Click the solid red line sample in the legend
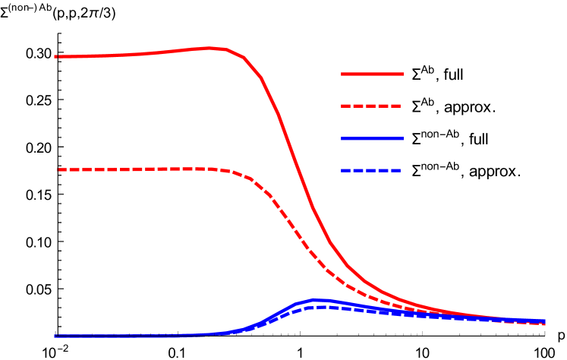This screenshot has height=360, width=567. [x=372, y=74]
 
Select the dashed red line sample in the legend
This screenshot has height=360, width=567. [x=371, y=106]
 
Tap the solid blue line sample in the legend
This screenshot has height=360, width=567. [x=372, y=139]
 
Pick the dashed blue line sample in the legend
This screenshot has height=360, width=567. [x=371, y=171]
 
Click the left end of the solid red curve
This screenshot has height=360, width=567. [x=55, y=56]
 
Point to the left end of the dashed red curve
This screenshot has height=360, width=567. [x=59, y=169]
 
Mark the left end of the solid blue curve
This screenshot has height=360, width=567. [x=55, y=336]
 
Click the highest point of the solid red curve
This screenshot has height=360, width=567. [x=211, y=48]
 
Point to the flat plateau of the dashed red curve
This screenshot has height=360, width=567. [x=137, y=169]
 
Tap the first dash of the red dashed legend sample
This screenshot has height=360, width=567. [x=346, y=106]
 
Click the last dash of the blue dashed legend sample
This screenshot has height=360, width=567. [x=395, y=171]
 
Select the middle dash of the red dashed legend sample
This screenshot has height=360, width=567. [x=371, y=106]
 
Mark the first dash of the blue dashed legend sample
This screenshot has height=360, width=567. [x=346, y=171]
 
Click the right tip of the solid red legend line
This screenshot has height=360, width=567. [x=402, y=74]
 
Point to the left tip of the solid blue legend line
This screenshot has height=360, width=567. [x=342, y=139]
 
